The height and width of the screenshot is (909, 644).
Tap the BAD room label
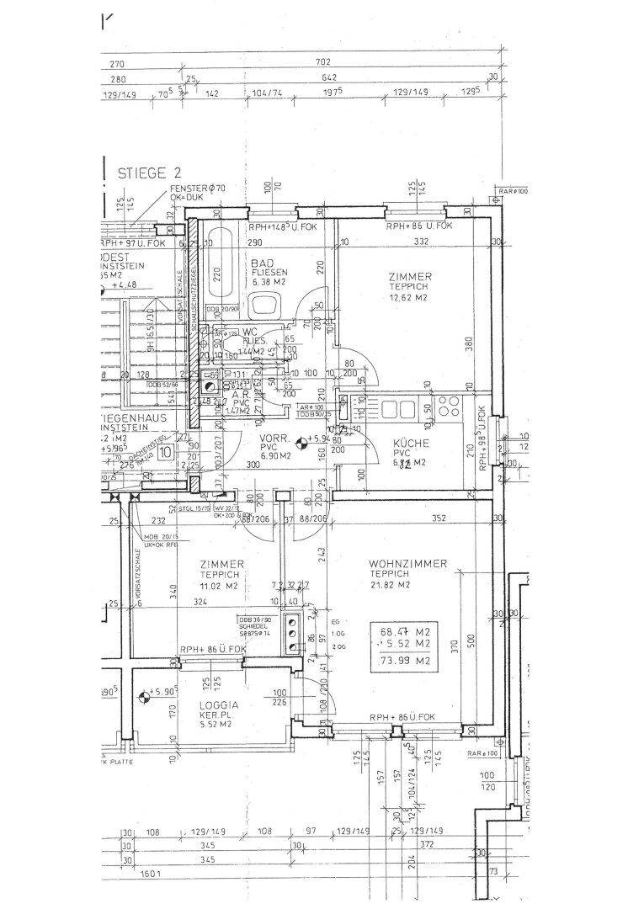pos(261,263)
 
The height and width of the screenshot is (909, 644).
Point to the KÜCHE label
pos(411,443)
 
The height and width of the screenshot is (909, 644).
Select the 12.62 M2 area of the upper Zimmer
pos(410,297)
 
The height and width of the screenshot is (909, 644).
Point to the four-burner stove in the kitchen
pos(445,409)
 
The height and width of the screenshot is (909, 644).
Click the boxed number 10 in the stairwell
pos(165,452)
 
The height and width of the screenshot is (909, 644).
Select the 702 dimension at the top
pos(323,62)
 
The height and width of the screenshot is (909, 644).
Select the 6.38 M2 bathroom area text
pos(269,283)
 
